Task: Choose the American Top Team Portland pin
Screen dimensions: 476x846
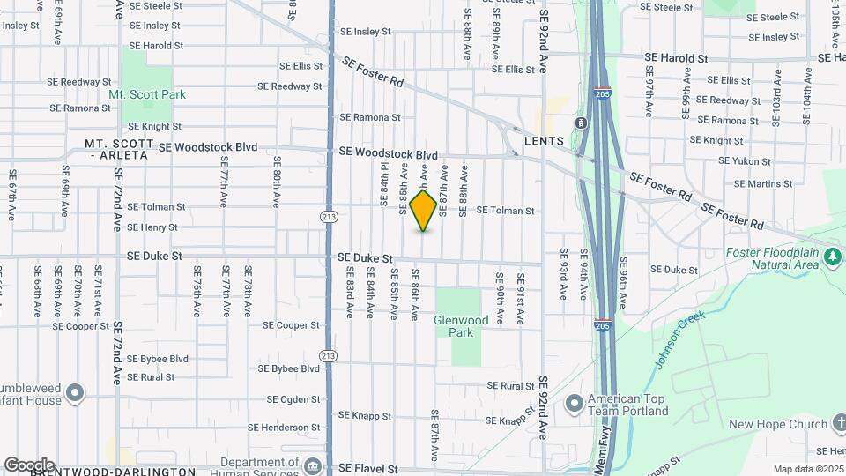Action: click(x=575, y=404)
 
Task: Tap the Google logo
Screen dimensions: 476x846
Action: click(x=29, y=465)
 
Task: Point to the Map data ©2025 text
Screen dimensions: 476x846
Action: click(x=808, y=469)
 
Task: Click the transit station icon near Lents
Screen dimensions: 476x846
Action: click(x=582, y=123)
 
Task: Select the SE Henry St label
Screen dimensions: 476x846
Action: click(x=152, y=227)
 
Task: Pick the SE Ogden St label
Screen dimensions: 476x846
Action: click(x=290, y=399)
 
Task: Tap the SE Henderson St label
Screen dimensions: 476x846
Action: click(x=284, y=428)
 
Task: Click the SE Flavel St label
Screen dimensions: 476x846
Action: click(x=368, y=469)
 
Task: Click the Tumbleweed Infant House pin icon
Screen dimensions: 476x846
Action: click(x=75, y=392)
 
